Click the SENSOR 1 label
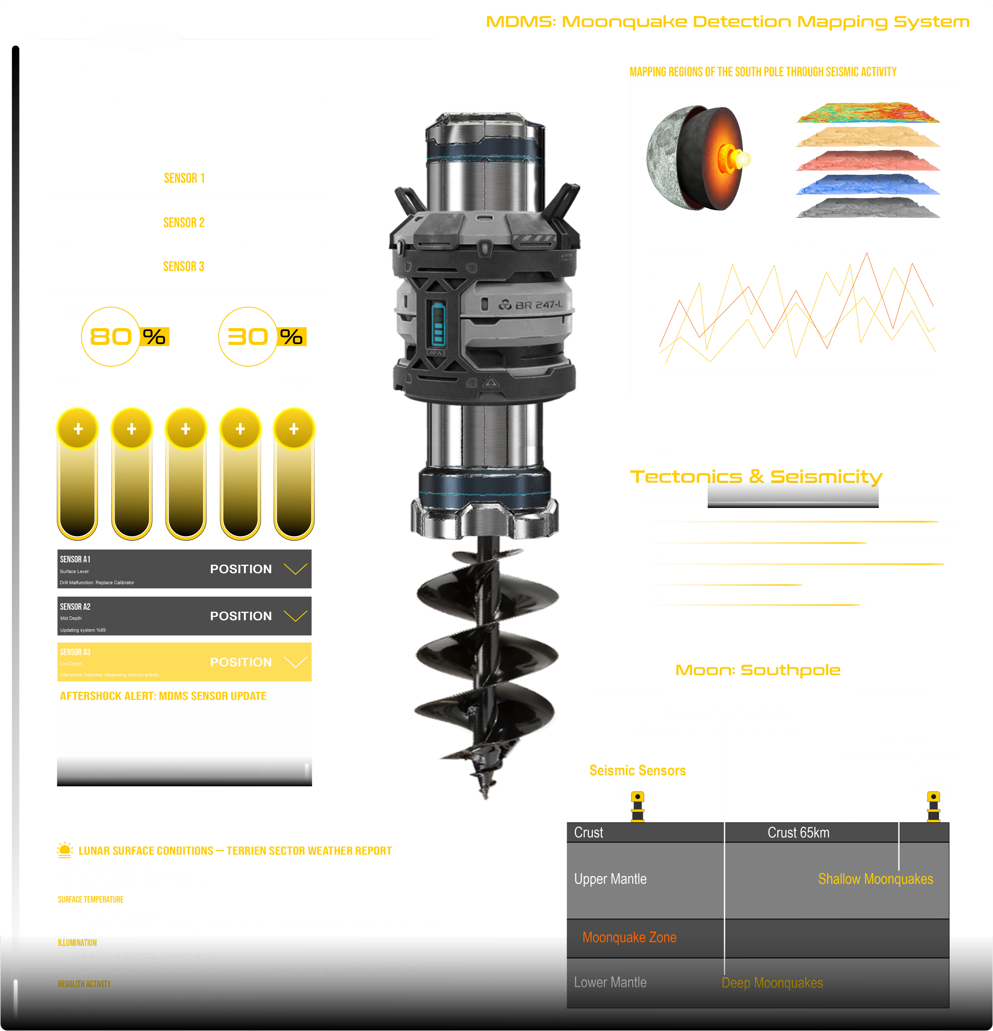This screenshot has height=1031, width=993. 184,178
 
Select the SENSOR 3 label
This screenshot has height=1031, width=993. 184,267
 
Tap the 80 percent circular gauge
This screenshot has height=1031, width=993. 110,337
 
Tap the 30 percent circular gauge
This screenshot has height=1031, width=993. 248,337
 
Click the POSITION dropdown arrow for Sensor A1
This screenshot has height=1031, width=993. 295,569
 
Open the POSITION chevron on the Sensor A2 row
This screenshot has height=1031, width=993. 295,616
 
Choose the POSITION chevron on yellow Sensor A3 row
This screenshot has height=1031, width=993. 295,662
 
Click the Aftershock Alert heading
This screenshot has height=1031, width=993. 163,696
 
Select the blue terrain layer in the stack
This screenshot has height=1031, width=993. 868,185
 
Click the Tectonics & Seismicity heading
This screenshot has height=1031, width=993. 756,477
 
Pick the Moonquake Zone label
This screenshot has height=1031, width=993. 629,937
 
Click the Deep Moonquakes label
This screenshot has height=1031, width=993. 772,983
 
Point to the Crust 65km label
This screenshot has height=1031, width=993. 798,833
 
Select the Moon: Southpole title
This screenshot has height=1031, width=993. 757,670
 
